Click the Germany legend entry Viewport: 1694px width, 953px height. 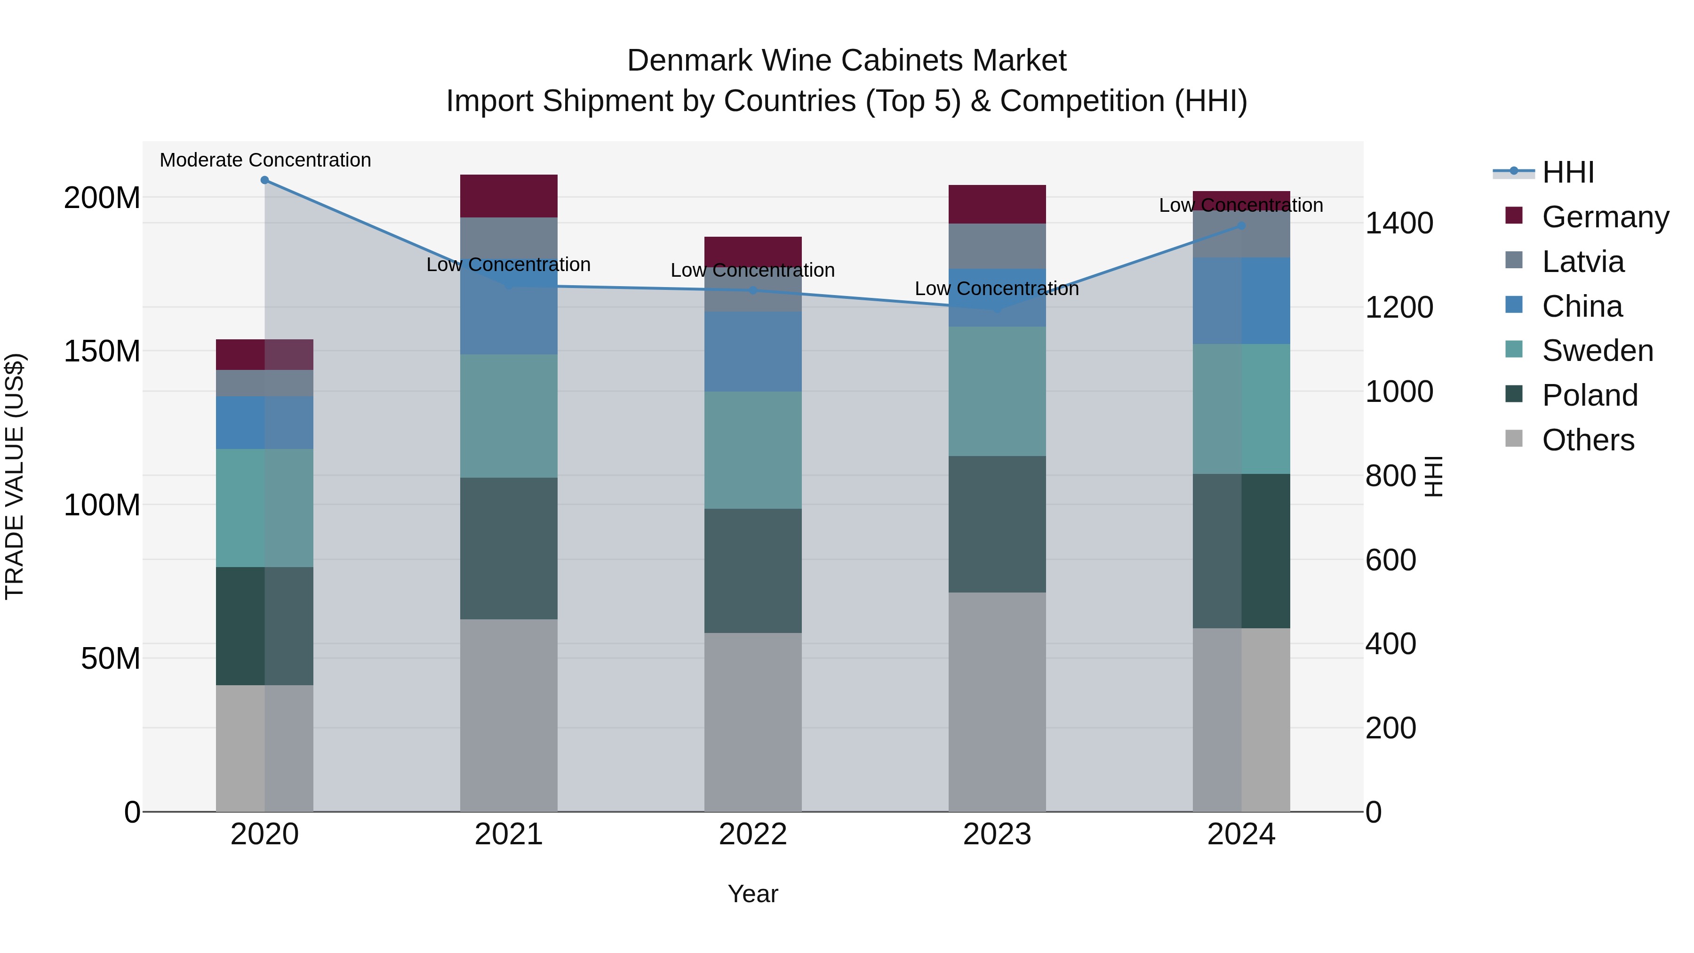pos(1605,217)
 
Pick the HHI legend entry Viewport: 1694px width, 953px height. pos(1568,172)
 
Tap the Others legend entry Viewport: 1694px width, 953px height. pos(1588,440)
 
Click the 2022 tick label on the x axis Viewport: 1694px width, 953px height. pos(752,834)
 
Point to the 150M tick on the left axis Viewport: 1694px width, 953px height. pos(102,351)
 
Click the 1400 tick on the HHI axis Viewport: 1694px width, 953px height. pos(1399,223)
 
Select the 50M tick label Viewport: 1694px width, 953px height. pos(111,658)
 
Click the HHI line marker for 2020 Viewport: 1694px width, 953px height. pos(264,180)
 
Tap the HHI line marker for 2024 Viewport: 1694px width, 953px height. pos(1241,225)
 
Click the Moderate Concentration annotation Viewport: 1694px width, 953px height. pos(265,160)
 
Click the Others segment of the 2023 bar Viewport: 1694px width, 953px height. pos(997,701)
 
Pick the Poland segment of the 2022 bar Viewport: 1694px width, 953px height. pos(752,570)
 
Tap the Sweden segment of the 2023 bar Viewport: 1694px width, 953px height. pos(997,392)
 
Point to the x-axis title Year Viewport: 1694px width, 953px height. pos(752,894)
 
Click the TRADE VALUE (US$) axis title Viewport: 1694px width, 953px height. pos(15,476)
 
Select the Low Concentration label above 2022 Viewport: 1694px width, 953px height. pos(752,270)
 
